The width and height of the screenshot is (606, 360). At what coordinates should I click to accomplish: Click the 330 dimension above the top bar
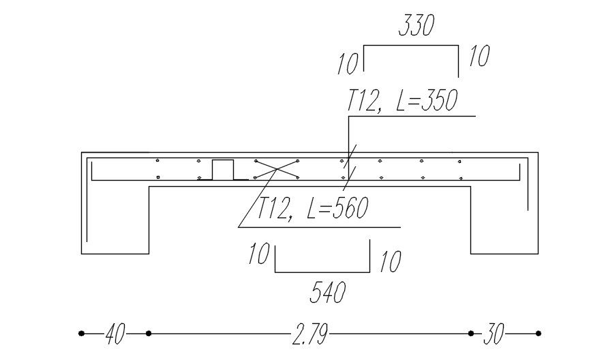click(415, 27)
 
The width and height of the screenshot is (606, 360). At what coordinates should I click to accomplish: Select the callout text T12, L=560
click(312, 209)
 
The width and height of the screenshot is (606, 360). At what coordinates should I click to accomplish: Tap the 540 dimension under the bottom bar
click(328, 292)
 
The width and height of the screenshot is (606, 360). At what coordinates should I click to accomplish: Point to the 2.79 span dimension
click(309, 334)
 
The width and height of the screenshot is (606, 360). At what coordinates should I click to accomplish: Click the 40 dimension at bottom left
click(115, 334)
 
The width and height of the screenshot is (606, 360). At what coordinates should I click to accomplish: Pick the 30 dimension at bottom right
click(494, 334)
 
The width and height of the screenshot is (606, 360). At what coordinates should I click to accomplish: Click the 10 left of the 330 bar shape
click(347, 64)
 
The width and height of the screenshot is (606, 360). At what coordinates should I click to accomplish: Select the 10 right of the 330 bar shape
click(479, 57)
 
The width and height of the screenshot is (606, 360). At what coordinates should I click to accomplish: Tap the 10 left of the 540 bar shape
click(258, 254)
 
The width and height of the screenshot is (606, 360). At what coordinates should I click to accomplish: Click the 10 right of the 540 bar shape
click(390, 261)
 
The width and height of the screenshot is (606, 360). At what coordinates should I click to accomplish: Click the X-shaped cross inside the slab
click(276, 169)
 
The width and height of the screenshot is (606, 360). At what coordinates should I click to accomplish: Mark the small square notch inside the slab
click(223, 170)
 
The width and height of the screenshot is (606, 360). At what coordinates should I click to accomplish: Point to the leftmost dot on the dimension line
click(82, 333)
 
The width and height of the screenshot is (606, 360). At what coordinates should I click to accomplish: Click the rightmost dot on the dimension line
click(539, 333)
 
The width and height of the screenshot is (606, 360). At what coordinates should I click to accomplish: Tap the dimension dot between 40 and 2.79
click(149, 333)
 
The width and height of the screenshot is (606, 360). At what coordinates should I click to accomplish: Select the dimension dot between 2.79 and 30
click(471, 333)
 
